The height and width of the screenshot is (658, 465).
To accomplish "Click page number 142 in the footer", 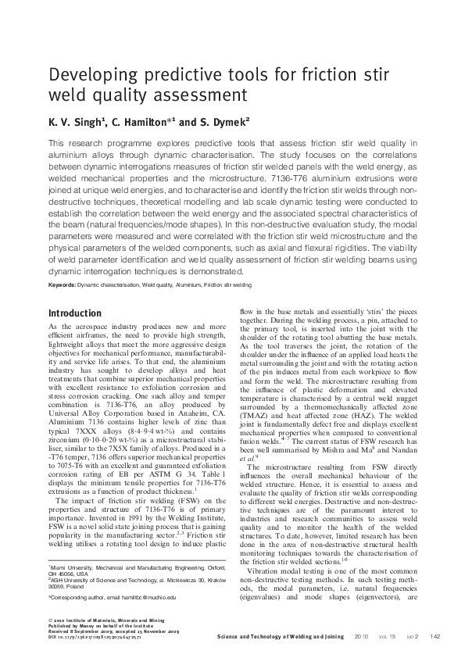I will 436,635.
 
